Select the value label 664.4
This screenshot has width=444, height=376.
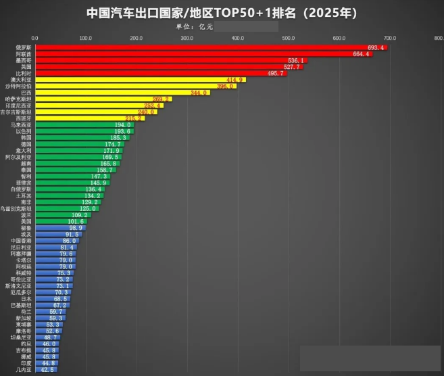362,54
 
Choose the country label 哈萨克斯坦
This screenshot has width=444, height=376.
18,99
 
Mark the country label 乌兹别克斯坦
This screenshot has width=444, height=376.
16,208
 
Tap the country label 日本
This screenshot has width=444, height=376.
26,298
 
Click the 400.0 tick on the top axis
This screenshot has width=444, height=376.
237,38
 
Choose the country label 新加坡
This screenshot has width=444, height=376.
23,317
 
